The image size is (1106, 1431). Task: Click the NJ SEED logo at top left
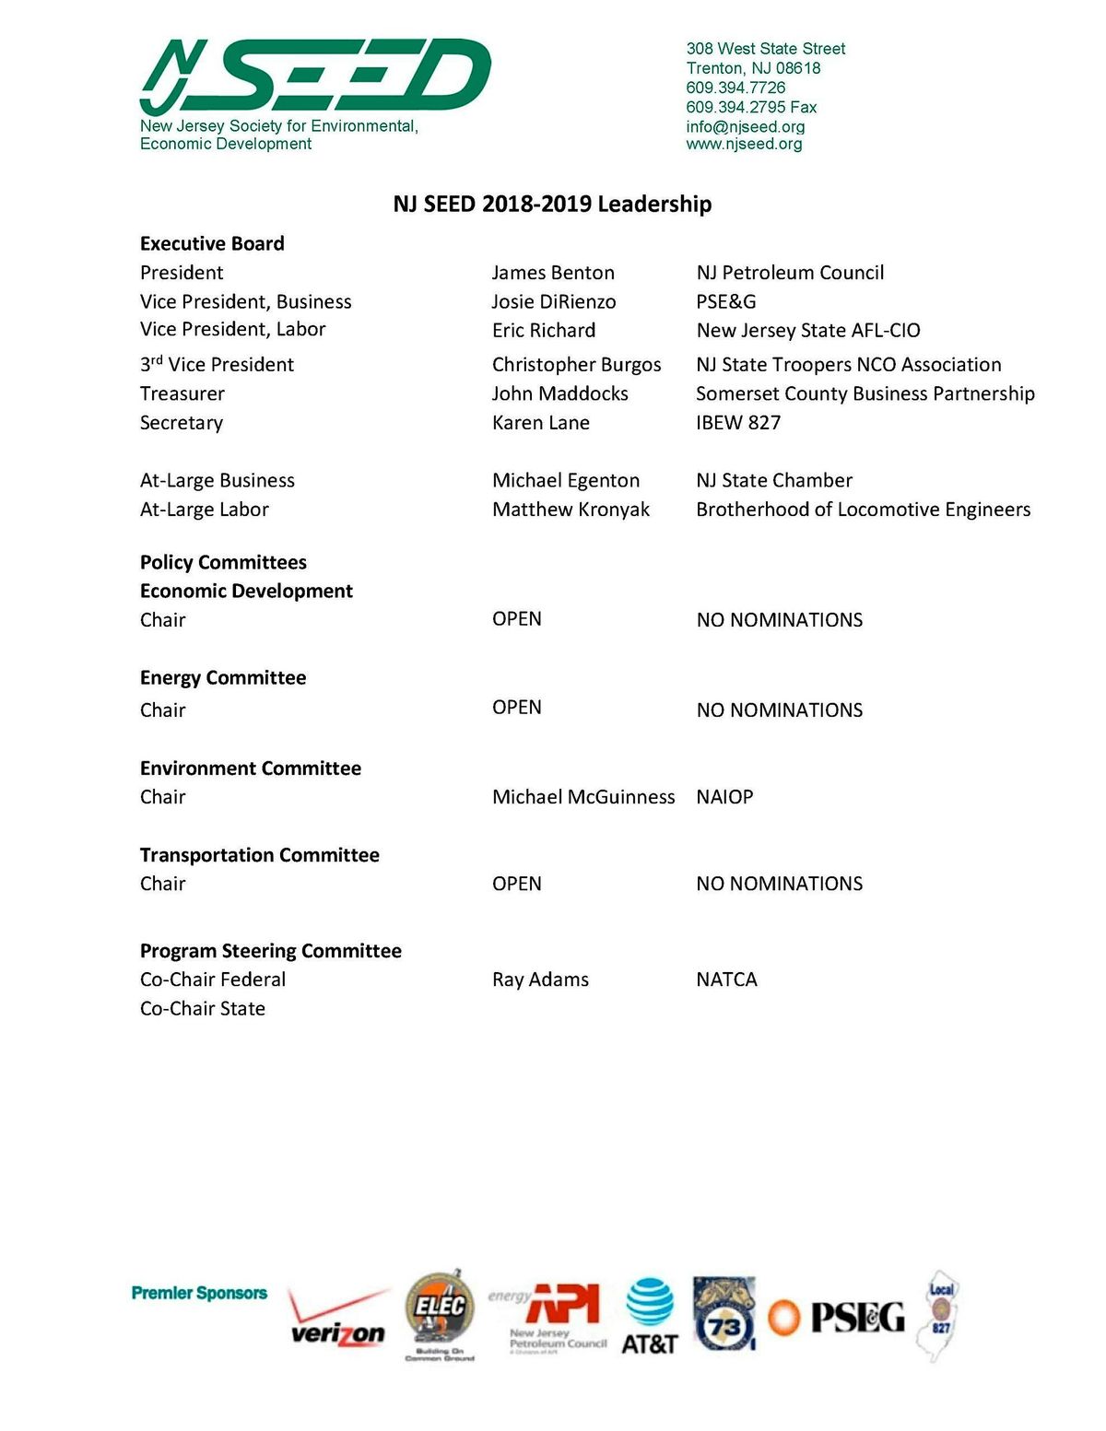[315, 77]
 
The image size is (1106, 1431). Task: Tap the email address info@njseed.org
[745, 126]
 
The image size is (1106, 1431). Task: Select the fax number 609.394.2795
[750, 107]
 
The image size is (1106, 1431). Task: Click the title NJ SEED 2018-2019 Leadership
[552, 204]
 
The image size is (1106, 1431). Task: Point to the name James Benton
[553, 273]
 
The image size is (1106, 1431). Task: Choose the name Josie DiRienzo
[554, 301]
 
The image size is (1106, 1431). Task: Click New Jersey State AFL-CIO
[808, 330]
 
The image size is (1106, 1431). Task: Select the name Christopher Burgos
[576, 365]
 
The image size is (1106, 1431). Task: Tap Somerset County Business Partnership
[865, 393]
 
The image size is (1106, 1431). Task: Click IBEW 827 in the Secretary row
[738, 423]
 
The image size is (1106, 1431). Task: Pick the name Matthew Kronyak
[571, 510]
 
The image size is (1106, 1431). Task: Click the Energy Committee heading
[223, 678]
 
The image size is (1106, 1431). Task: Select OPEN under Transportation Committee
[516, 884]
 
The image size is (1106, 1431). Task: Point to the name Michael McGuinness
[583, 797]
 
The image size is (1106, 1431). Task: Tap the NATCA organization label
[726, 979]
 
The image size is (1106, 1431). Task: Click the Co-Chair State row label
[203, 1009]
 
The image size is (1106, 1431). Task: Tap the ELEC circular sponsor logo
[440, 1312]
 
